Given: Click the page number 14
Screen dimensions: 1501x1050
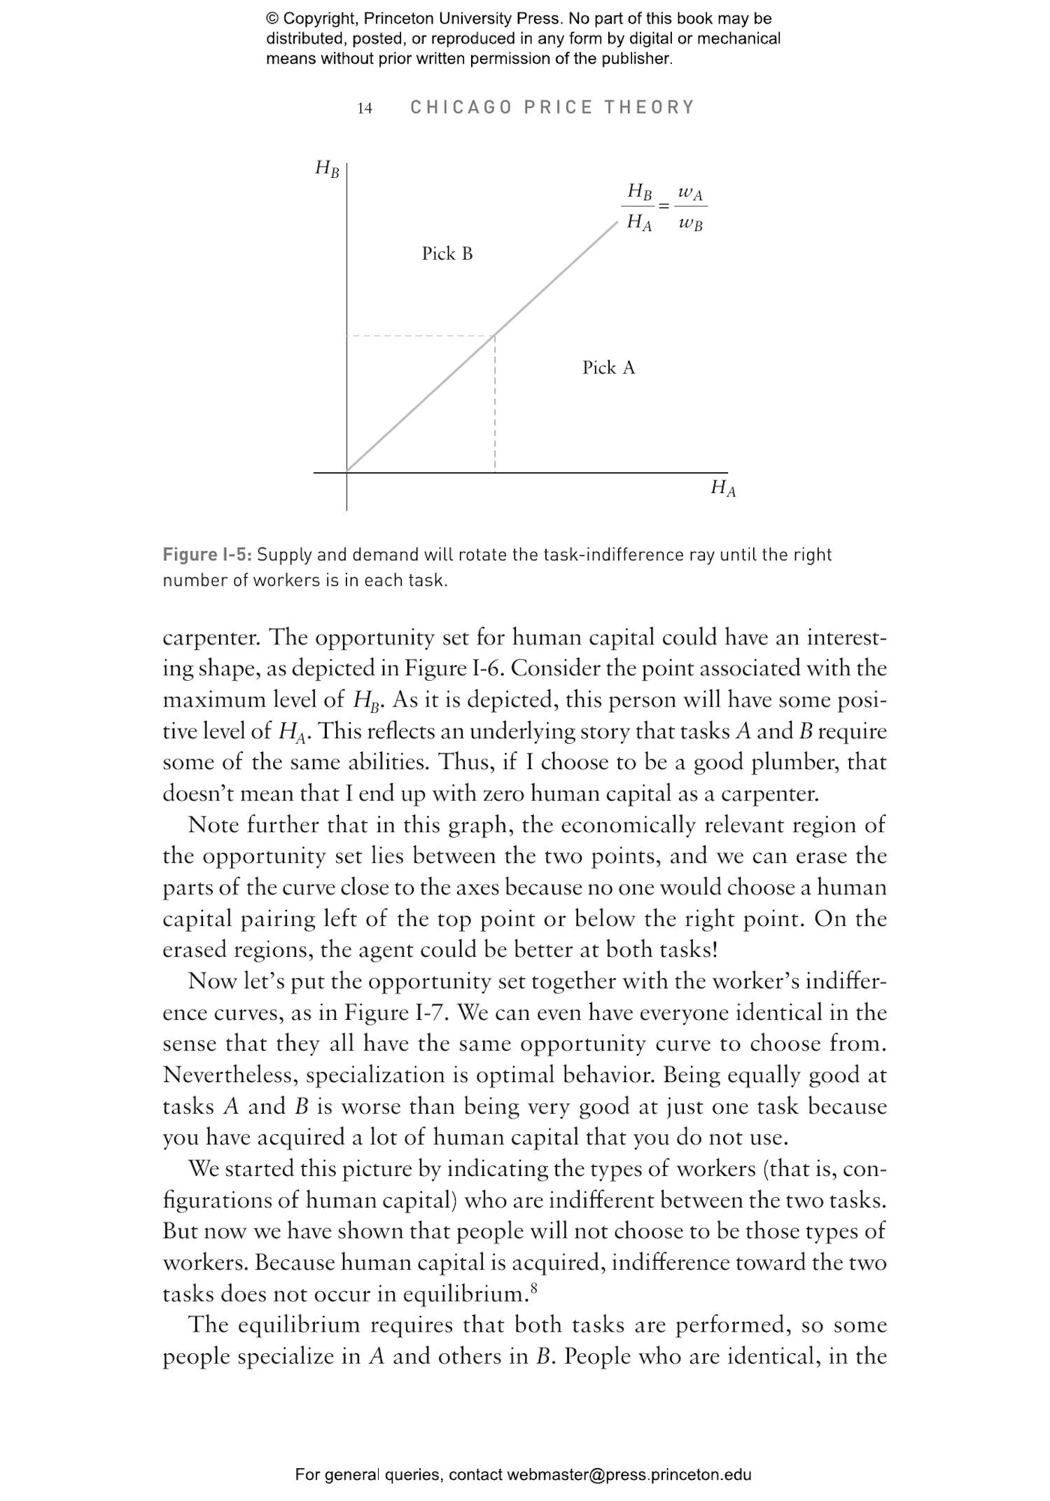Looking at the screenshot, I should click(364, 108).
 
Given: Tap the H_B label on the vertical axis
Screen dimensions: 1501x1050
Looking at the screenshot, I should click(327, 168).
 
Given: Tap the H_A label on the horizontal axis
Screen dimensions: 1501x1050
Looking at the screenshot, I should click(723, 487).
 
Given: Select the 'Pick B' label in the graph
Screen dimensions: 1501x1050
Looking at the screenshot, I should click(447, 254).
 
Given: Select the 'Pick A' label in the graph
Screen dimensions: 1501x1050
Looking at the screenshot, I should click(608, 368).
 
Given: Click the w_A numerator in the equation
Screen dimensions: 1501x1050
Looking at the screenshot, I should click(690, 193).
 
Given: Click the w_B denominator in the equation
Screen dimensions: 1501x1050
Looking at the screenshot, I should click(690, 224).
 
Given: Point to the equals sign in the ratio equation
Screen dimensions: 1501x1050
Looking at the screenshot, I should click(664, 207).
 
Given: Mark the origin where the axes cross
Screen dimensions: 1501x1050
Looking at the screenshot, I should click(346, 472).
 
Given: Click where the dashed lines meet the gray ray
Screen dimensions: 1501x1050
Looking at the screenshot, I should click(495, 336).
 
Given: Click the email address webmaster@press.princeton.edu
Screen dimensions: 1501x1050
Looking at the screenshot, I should click(629, 1474).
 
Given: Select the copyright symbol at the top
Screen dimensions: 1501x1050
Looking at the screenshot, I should click(272, 19).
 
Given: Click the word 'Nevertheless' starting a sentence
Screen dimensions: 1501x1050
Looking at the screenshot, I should click(230, 1075).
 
